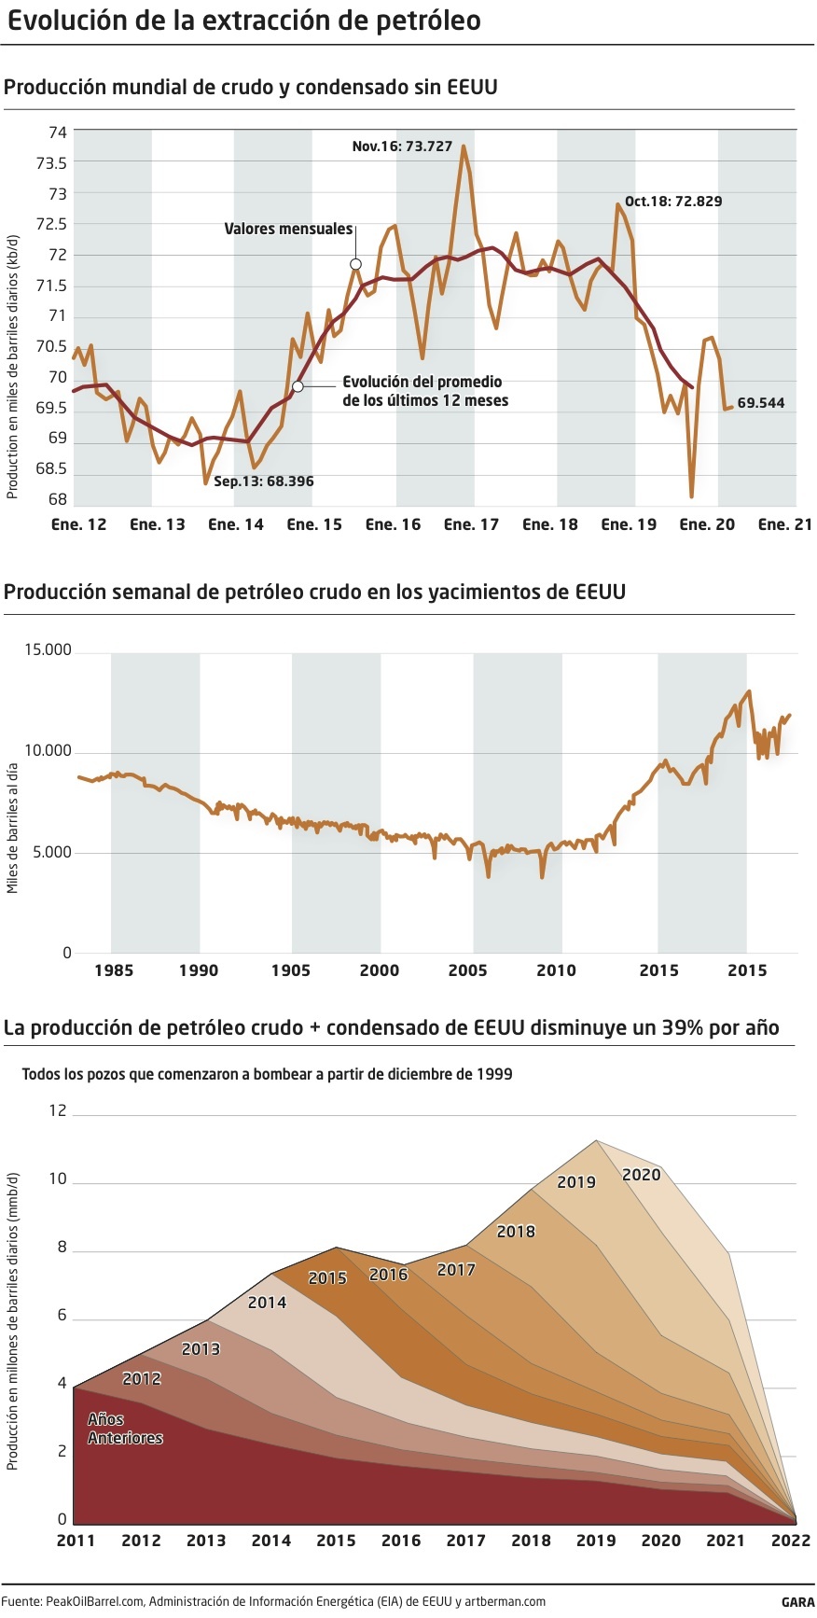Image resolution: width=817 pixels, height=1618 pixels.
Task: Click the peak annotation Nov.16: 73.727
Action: pyautogui.click(x=402, y=146)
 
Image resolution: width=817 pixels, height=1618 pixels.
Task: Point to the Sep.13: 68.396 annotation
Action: pyautogui.click(x=264, y=481)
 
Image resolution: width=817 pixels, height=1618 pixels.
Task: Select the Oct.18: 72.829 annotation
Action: pyautogui.click(x=672, y=202)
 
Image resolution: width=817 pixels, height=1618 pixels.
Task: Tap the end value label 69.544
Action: pyautogui.click(x=760, y=403)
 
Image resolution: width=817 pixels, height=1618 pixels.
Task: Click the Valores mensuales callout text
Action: pyautogui.click(x=288, y=229)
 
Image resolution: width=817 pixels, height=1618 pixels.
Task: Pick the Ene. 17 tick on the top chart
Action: pyautogui.click(x=471, y=524)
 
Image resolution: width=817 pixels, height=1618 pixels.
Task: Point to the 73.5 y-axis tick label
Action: pyautogui.click(x=51, y=163)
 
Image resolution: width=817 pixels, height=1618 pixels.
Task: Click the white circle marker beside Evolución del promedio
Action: pyautogui.click(x=298, y=385)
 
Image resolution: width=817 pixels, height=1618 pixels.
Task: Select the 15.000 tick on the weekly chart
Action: pyautogui.click(x=48, y=650)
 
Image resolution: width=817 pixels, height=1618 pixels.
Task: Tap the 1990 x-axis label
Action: pyautogui.click(x=198, y=970)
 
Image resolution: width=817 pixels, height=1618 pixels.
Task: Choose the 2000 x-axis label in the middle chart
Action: pyautogui.click(x=379, y=970)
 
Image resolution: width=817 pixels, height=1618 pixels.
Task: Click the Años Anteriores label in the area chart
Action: pyautogui.click(x=125, y=1429)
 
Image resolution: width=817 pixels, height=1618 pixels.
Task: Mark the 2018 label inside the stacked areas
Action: pyautogui.click(x=516, y=1232)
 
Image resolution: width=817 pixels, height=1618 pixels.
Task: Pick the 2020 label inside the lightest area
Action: pyautogui.click(x=641, y=1175)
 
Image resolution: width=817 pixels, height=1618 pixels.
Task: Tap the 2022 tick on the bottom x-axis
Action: pyautogui.click(x=790, y=1541)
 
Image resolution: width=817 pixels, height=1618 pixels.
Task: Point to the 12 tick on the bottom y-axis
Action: pyautogui.click(x=58, y=1110)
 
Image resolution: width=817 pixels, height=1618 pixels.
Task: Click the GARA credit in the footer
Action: pyautogui.click(x=797, y=1602)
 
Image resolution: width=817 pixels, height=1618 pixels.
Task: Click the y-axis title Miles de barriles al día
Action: pyautogui.click(x=13, y=828)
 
